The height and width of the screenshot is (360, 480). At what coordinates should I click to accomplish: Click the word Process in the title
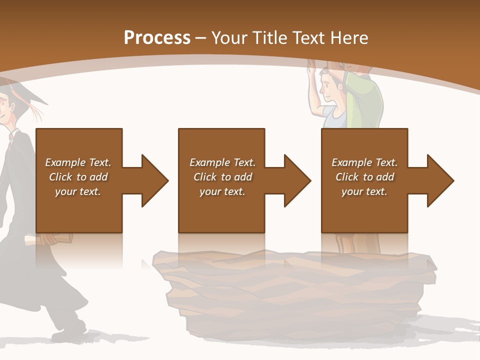tap(157, 38)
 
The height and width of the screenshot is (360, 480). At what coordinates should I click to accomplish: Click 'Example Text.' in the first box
tap(78, 162)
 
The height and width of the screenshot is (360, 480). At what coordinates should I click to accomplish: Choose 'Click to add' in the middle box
tap(222, 177)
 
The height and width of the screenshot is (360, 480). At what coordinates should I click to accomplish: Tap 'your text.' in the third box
tap(364, 191)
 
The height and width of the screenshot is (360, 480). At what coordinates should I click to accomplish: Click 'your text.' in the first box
tap(78, 191)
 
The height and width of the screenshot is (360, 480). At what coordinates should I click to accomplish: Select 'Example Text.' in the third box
tap(364, 162)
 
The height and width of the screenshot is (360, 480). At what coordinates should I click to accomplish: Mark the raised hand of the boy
tap(311, 67)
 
